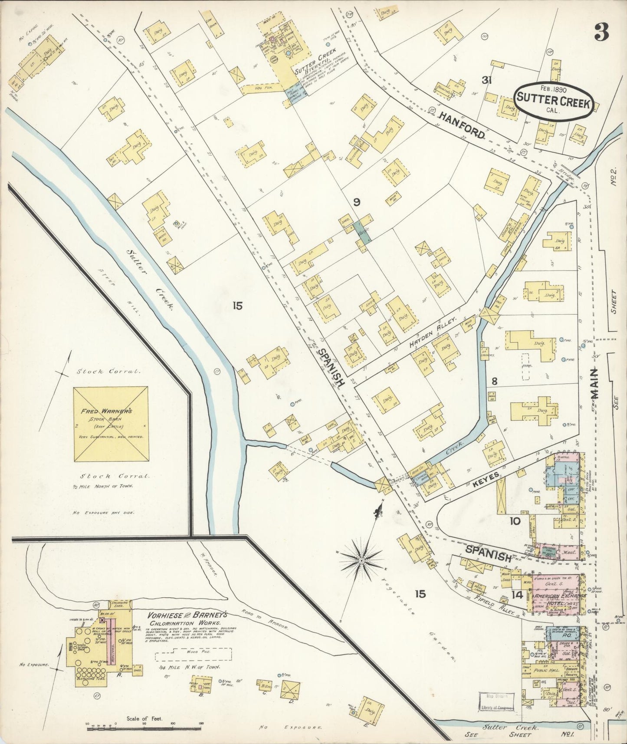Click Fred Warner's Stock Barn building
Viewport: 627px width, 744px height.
[x=111, y=425]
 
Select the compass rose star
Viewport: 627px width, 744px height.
[x=361, y=560]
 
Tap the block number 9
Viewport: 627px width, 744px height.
[x=357, y=202]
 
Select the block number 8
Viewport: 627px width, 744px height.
[x=494, y=381]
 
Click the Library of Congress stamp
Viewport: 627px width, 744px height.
[x=497, y=701]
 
